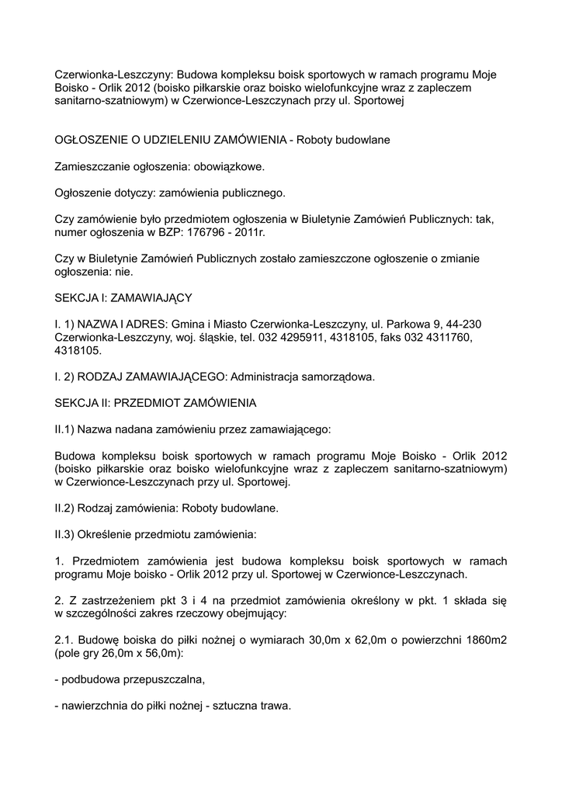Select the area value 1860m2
pyautogui.click(x=481, y=641)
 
